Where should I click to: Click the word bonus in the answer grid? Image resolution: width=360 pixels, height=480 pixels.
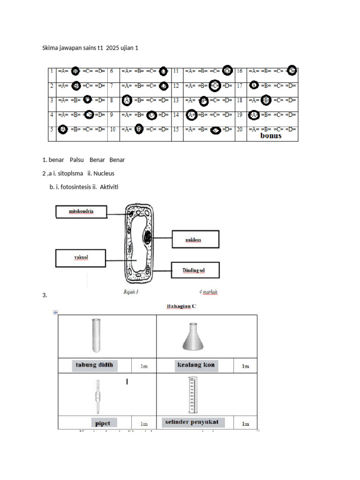coord(271,135)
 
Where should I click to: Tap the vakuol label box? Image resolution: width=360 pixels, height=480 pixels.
coord(82,258)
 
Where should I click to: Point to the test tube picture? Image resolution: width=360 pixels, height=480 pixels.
coord(96,335)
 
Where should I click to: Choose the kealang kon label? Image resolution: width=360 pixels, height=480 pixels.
coord(196,365)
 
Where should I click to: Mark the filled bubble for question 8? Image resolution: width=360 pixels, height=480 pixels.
coord(127,100)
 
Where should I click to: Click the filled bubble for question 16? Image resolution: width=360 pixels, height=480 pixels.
coord(292,71)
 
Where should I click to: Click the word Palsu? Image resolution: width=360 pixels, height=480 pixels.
coord(76,160)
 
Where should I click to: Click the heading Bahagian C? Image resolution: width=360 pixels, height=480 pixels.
coord(181,307)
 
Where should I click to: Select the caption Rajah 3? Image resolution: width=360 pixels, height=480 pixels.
coord(131,292)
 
